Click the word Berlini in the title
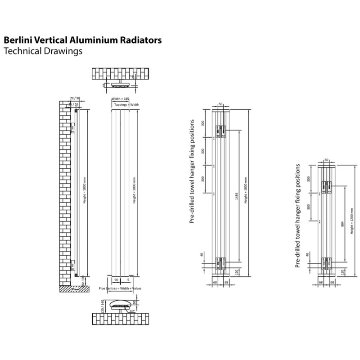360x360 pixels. (x=17, y=40)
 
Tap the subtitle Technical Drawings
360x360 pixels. (x=43, y=51)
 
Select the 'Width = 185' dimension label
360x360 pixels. (x=120, y=98)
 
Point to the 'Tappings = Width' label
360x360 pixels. (x=126, y=104)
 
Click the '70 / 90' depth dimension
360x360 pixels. (x=75, y=98)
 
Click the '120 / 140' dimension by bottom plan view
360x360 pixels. (x=103, y=306)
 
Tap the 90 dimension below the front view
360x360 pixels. (x=116, y=279)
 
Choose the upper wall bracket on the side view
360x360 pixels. (x=73, y=130)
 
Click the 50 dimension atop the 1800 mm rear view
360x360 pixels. (x=220, y=104)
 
